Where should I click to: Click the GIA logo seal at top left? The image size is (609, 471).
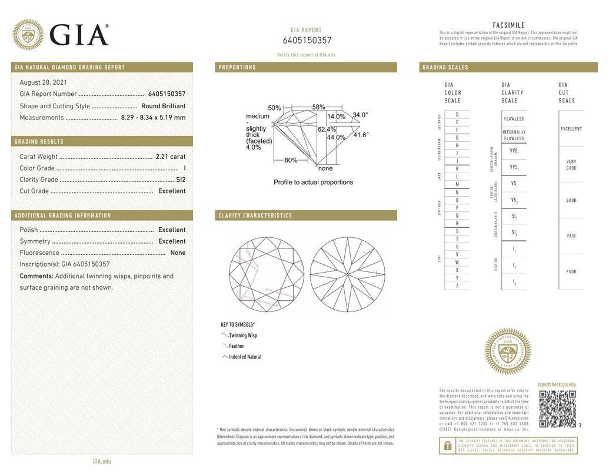click(28, 34)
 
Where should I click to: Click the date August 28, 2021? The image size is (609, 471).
click(43, 82)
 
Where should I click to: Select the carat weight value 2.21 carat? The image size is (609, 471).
click(170, 157)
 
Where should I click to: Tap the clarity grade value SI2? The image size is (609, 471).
click(181, 180)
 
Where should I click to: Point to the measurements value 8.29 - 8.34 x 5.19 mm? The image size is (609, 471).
click(153, 117)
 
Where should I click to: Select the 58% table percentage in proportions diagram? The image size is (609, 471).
click(318, 107)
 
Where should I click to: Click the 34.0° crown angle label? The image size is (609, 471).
click(360, 115)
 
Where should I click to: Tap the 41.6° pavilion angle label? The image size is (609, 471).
click(361, 135)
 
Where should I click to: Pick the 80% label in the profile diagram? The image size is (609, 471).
click(291, 160)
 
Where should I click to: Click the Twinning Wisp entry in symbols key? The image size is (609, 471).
click(242, 336)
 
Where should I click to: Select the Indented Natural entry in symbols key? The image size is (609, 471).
click(245, 357)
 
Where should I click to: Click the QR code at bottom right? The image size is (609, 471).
click(557, 409)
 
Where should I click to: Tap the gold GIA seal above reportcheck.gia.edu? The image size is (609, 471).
click(507, 351)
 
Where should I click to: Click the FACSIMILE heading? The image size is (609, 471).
click(508, 25)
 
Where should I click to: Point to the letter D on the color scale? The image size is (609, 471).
click(457, 114)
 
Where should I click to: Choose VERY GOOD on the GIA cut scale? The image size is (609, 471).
click(571, 165)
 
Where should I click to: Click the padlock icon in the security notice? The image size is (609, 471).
click(448, 446)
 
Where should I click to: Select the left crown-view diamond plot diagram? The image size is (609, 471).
click(266, 274)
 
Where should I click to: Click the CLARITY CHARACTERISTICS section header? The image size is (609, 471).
click(255, 215)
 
